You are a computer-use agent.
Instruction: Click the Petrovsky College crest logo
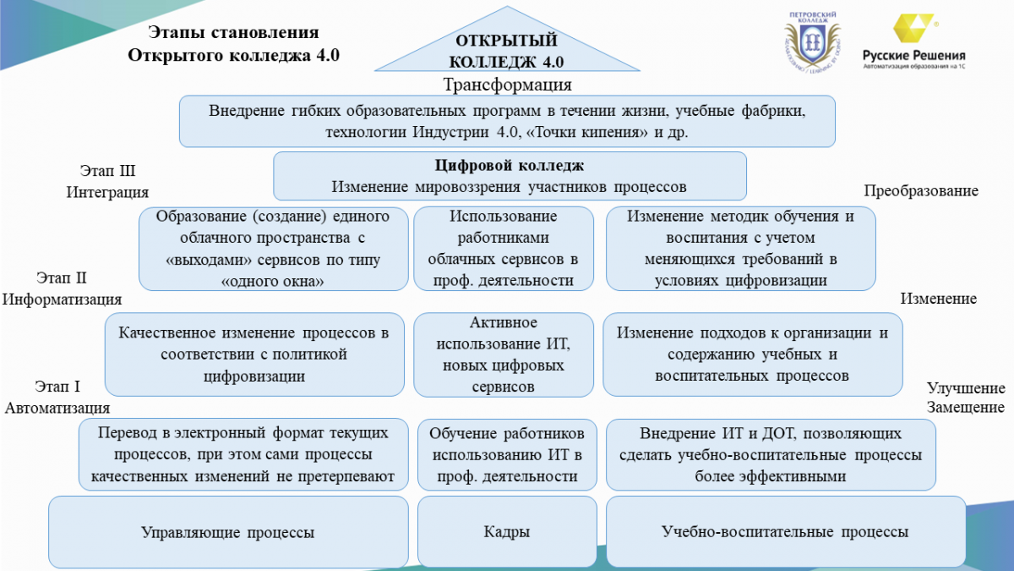click(x=813, y=43)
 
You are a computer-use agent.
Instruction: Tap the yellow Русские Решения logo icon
click(x=913, y=29)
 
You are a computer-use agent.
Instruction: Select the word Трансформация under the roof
click(x=507, y=85)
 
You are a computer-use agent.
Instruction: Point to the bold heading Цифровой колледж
click(x=510, y=166)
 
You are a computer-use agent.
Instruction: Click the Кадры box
click(x=507, y=531)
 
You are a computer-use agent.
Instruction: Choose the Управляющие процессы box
click(x=228, y=531)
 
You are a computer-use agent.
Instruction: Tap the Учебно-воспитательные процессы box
click(x=786, y=531)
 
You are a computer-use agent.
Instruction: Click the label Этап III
click(x=108, y=171)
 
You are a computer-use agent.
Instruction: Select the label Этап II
click(x=61, y=277)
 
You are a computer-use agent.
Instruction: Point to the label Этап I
click(x=57, y=387)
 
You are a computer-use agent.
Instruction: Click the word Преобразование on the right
click(x=921, y=191)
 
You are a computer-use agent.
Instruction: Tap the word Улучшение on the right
click(x=966, y=388)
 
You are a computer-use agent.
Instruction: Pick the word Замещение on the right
click(x=966, y=407)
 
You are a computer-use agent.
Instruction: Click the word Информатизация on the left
click(x=62, y=299)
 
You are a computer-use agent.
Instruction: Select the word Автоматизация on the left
click(x=57, y=408)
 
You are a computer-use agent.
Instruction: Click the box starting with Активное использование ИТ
click(x=504, y=354)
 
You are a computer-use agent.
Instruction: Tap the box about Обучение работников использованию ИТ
click(x=507, y=454)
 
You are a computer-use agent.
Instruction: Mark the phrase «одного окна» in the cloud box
click(x=272, y=282)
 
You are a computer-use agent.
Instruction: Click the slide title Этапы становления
click(x=233, y=33)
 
